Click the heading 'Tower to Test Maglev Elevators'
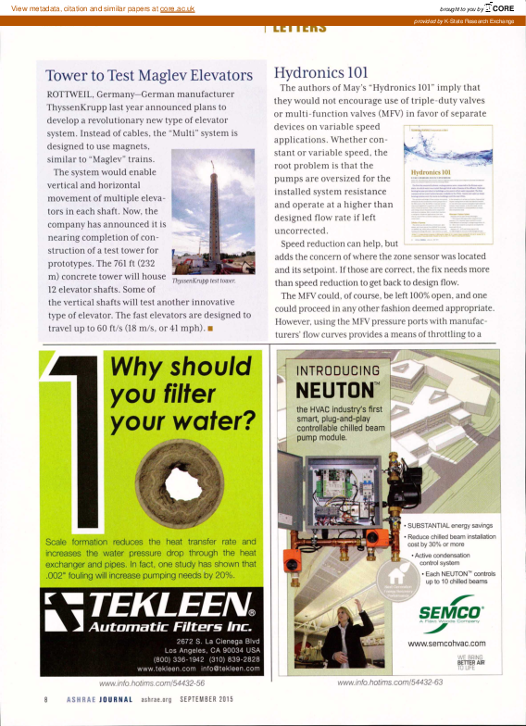[149, 75]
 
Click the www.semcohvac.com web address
[447, 643]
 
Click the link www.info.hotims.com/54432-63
[391, 683]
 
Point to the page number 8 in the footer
[45, 699]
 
